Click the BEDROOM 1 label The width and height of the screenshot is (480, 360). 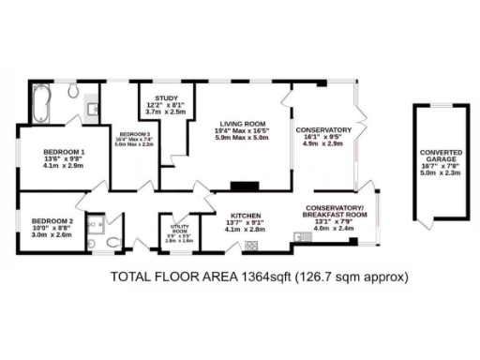click(x=65, y=152)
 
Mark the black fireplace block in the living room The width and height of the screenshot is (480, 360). click(x=246, y=186)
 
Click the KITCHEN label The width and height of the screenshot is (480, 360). click(x=247, y=214)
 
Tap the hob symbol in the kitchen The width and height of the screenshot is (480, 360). click(x=250, y=246)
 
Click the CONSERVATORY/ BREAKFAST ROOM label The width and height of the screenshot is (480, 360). click(x=334, y=211)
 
